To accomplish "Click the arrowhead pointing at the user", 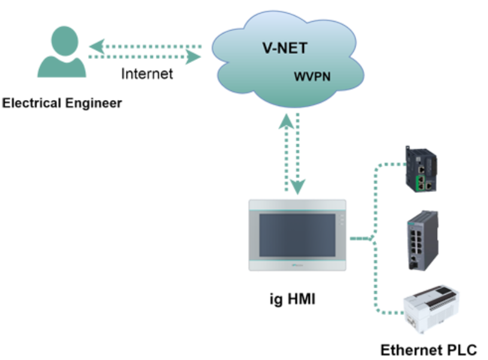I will click(97, 46).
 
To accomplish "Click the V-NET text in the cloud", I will click(285, 49).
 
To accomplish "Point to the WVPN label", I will click(312, 77).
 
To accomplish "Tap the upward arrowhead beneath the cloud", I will click(286, 123).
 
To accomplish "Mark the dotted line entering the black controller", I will click(393, 163).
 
